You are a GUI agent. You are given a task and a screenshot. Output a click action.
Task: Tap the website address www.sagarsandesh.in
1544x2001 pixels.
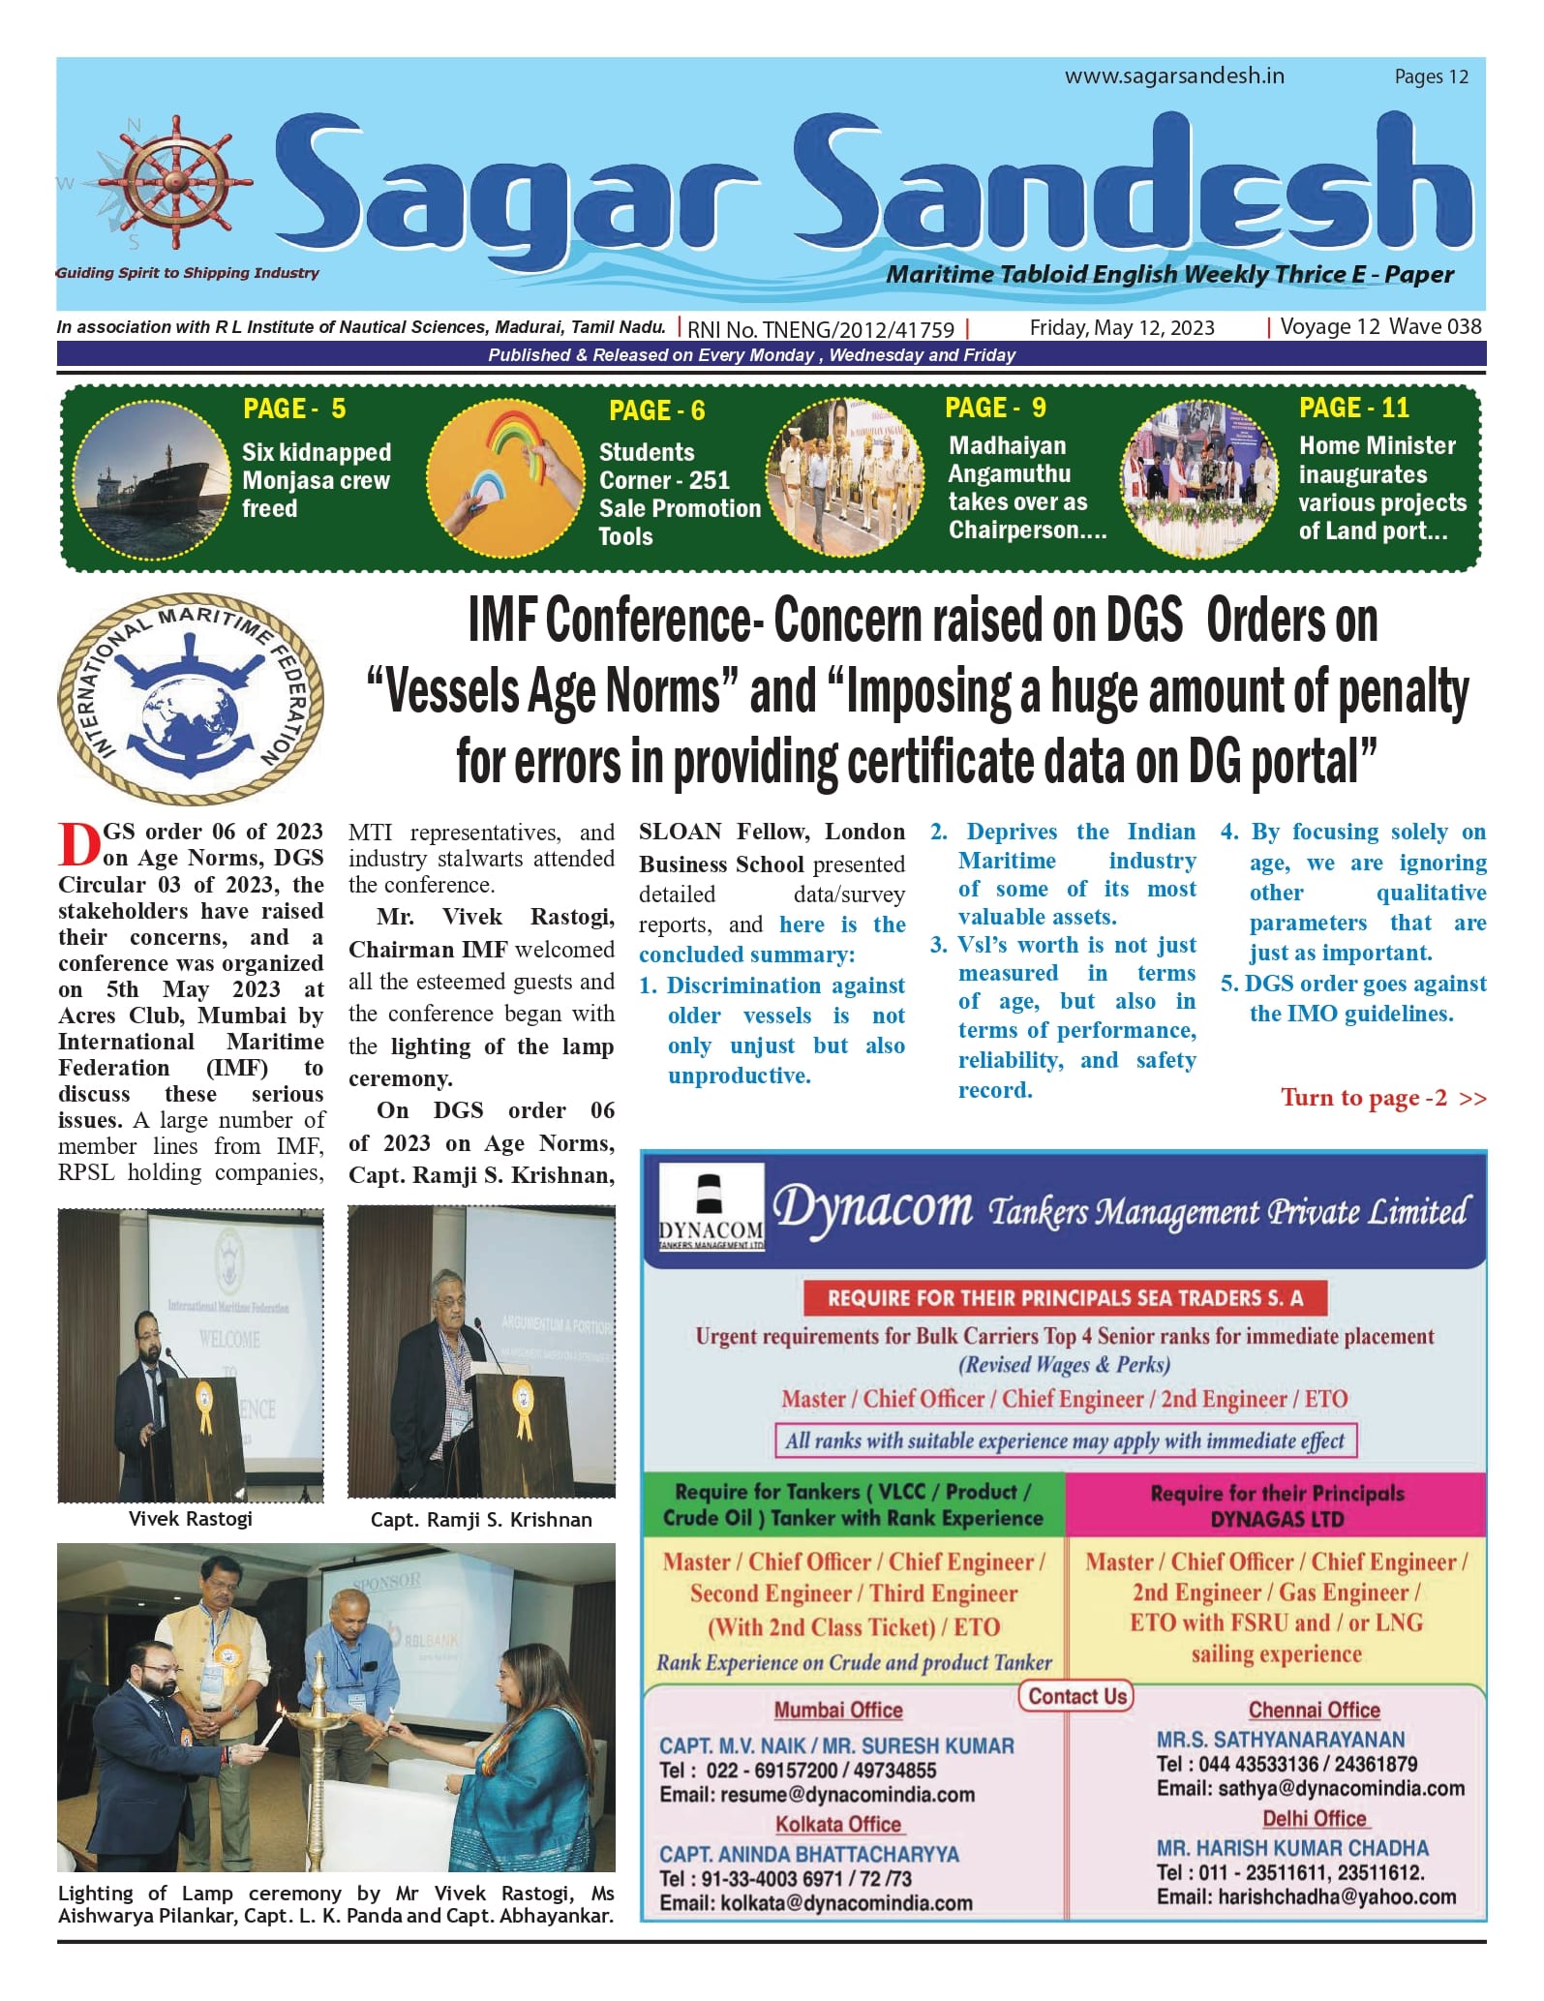(x=1174, y=76)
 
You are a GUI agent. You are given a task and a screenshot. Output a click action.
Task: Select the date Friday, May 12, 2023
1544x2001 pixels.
(x=1121, y=328)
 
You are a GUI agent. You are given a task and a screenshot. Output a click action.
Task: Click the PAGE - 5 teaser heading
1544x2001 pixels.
(x=294, y=409)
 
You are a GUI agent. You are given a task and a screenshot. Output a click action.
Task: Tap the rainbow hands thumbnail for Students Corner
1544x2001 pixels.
(x=505, y=475)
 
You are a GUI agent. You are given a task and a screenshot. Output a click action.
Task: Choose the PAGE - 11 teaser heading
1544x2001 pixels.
(x=1353, y=408)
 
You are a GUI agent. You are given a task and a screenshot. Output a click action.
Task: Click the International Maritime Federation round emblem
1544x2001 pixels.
(x=191, y=698)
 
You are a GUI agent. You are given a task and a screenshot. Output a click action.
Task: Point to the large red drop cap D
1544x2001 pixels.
(x=78, y=844)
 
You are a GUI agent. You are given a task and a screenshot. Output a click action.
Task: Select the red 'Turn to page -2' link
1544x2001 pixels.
(x=1382, y=1098)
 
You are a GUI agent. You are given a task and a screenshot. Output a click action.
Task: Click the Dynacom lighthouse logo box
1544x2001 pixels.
(x=711, y=1208)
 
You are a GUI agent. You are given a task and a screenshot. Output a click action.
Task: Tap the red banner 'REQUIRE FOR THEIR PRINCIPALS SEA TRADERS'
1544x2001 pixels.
(x=1064, y=1298)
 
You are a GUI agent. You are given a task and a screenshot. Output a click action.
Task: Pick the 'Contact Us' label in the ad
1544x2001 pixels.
(x=1076, y=1696)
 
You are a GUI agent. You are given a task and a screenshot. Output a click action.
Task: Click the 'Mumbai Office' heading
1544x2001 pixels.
(x=837, y=1711)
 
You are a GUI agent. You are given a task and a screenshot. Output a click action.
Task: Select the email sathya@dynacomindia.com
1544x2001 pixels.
(x=1310, y=1788)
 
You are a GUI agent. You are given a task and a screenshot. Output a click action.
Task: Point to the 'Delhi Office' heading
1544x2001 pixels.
(x=1314, y=1818)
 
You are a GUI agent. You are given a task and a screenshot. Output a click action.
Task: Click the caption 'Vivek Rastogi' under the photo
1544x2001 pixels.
(x=190, y=1518)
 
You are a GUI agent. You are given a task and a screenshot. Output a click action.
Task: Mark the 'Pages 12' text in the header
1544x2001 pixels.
(x=1431, y=76)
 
